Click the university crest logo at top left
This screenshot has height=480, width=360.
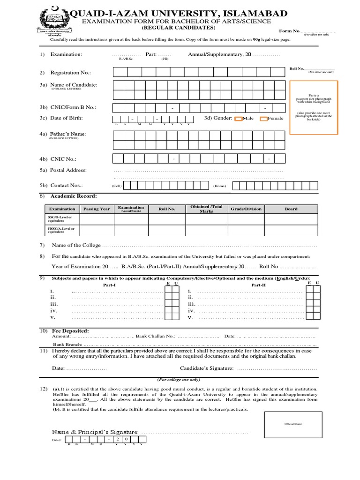click(52, 19)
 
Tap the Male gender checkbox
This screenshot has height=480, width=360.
click(238, 119)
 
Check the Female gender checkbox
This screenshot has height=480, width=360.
click(263, 119)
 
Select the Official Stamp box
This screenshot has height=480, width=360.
click(293, 424)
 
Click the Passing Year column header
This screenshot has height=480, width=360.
click(97, 209)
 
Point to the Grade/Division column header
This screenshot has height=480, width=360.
click(246, 209)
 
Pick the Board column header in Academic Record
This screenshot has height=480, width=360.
click(291, 209)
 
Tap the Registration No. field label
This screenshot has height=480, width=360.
click(71, 73)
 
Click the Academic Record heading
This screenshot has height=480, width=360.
click(74, 196)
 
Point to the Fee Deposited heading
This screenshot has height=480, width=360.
click(70, 331)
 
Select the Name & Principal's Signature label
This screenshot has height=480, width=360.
click(95, 431)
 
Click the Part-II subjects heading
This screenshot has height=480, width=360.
click(258, 285)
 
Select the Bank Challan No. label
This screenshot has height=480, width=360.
click(156, 337)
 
